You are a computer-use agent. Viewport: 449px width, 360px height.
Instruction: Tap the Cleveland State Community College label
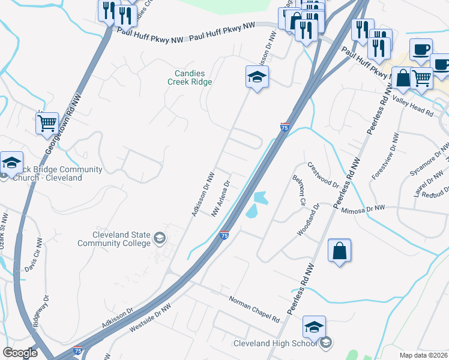[113, 239]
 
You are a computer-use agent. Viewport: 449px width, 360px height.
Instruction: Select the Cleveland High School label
[277, 343]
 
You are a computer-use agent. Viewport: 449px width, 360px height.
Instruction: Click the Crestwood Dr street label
[323, 173]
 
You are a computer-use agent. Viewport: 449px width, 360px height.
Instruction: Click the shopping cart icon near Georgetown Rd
[47, 124]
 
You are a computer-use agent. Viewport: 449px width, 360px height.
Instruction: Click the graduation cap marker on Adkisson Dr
[256, 77]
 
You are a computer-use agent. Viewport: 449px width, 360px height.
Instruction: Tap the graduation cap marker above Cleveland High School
[314, 327]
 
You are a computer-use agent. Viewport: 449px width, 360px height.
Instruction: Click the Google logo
[20, 353]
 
